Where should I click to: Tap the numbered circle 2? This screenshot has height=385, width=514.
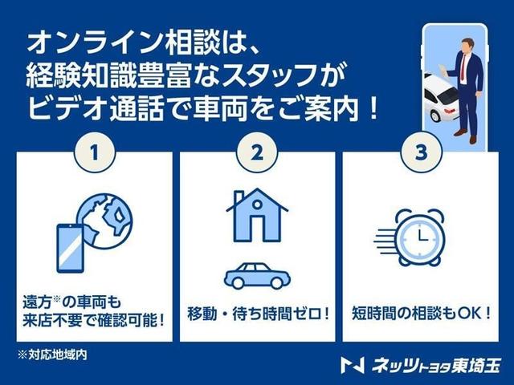coord(257,153)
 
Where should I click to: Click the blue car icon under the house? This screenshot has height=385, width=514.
coord(257,274)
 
